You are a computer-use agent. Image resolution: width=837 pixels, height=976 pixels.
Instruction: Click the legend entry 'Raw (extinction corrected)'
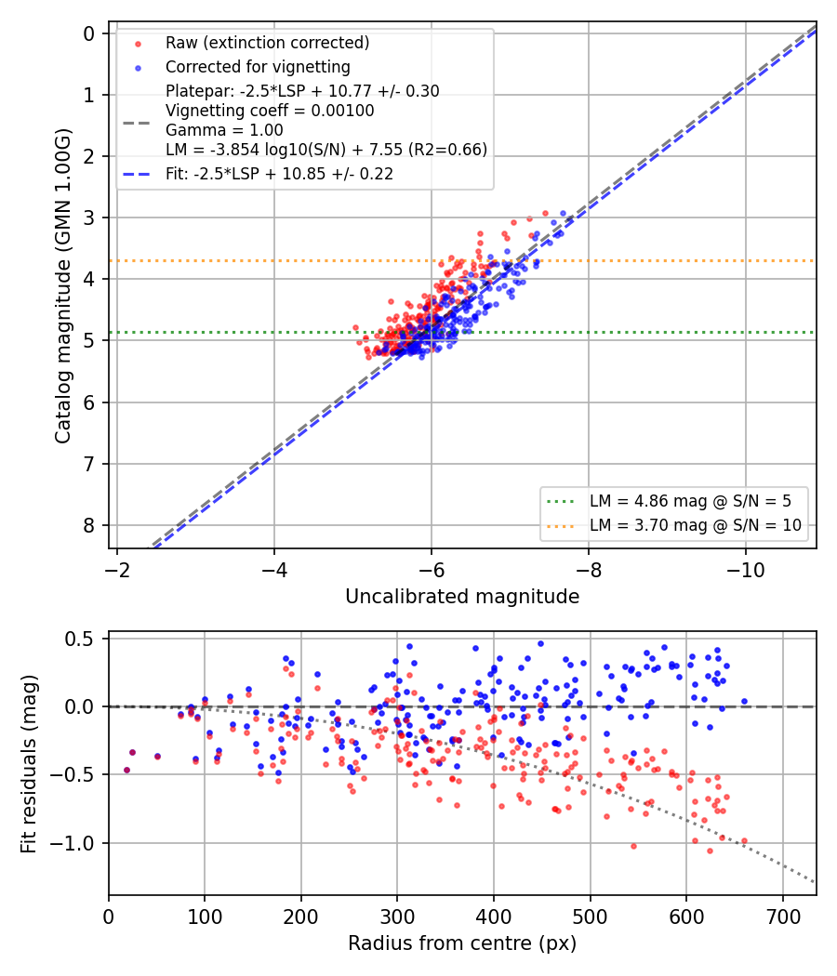267,43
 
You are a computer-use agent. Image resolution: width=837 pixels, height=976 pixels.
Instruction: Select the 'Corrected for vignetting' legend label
258,67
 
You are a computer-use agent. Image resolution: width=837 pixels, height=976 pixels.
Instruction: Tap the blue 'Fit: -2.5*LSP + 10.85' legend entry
280,174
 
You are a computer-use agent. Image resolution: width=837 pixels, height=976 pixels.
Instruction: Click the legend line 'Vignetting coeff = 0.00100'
270,111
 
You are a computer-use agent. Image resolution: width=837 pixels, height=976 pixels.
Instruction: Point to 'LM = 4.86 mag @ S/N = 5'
690,501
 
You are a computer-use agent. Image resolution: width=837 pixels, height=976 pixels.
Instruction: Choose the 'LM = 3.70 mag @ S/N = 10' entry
696,525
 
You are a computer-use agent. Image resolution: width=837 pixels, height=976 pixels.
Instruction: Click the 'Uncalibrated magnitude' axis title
462,597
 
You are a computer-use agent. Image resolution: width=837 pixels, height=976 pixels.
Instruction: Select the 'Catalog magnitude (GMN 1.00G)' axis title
62,285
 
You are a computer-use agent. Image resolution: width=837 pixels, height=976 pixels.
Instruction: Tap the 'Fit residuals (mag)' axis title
29,764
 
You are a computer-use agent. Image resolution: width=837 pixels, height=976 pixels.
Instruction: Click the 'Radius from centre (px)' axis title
462,943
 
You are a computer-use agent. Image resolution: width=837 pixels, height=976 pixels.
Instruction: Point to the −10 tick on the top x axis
746,570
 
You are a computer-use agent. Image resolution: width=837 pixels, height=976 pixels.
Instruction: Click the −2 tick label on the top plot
117,570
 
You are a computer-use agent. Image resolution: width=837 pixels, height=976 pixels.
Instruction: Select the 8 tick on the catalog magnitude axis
89,525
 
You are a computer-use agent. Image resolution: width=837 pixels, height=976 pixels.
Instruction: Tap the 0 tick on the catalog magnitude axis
89,33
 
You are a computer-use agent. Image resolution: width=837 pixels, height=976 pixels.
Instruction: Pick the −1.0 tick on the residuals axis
71,843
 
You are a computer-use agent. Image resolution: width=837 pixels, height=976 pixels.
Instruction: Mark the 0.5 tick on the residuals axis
79,640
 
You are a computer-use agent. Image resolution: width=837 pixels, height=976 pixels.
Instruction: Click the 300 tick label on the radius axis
397,917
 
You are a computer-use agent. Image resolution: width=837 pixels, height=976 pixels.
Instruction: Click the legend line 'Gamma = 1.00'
224,130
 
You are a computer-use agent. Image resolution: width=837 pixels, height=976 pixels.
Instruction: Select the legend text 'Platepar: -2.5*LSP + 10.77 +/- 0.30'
302,91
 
